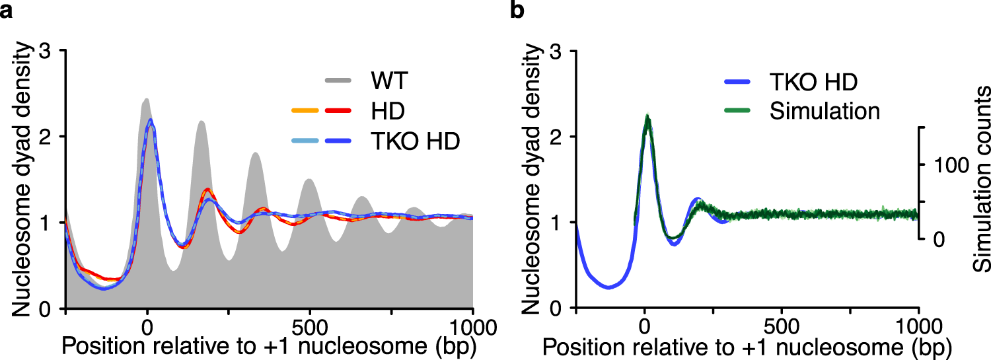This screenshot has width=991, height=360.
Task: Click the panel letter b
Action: [519, 11]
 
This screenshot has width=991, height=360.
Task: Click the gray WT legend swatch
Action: [342, 82]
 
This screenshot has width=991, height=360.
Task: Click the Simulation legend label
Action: [825, 110]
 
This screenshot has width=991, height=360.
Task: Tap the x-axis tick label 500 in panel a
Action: [310, 326]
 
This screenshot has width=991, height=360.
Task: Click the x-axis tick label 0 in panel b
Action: [644, 326]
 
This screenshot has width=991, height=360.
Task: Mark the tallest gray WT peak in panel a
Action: [147, 100]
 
